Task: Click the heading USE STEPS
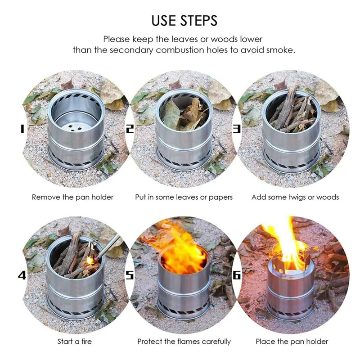click(184, 20)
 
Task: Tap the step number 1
click(22, 129)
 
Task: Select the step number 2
click(130, 129)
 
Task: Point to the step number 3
click(237, 129)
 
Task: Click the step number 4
click(22, 275)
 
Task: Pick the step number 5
click(130, 275)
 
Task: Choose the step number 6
click(237, 275)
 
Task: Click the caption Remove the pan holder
click(72, 197)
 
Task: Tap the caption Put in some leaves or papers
click(184, 197)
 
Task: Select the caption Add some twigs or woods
click(295, 197)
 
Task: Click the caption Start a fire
click(74, 342)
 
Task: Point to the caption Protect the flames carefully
click(184, 342)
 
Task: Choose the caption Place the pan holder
click(292, 342)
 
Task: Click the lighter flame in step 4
click(90, 260)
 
